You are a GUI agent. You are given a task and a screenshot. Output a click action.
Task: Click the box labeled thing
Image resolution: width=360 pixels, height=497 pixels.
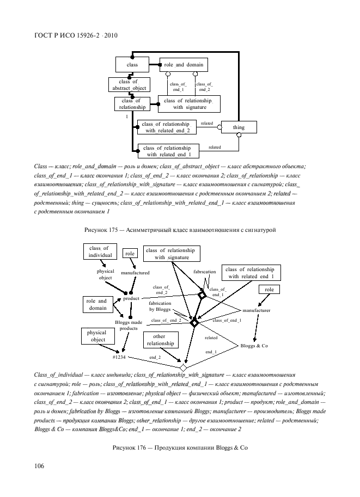click(239, 127)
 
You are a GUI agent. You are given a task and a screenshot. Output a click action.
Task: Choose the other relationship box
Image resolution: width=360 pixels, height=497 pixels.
click(160, 341)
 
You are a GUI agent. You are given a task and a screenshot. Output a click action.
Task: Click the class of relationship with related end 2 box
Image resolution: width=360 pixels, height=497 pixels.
click(166, 127)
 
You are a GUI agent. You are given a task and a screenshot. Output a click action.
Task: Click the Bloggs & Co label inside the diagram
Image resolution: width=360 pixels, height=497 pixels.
click(254, 346)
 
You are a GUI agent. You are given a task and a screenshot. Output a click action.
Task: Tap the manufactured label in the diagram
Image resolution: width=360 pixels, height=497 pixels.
click(135, 272)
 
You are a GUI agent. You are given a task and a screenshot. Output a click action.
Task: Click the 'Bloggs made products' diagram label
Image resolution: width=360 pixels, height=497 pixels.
click(129, 326)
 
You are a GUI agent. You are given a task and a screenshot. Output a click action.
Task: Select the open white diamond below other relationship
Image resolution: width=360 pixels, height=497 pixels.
click(183, 367)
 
